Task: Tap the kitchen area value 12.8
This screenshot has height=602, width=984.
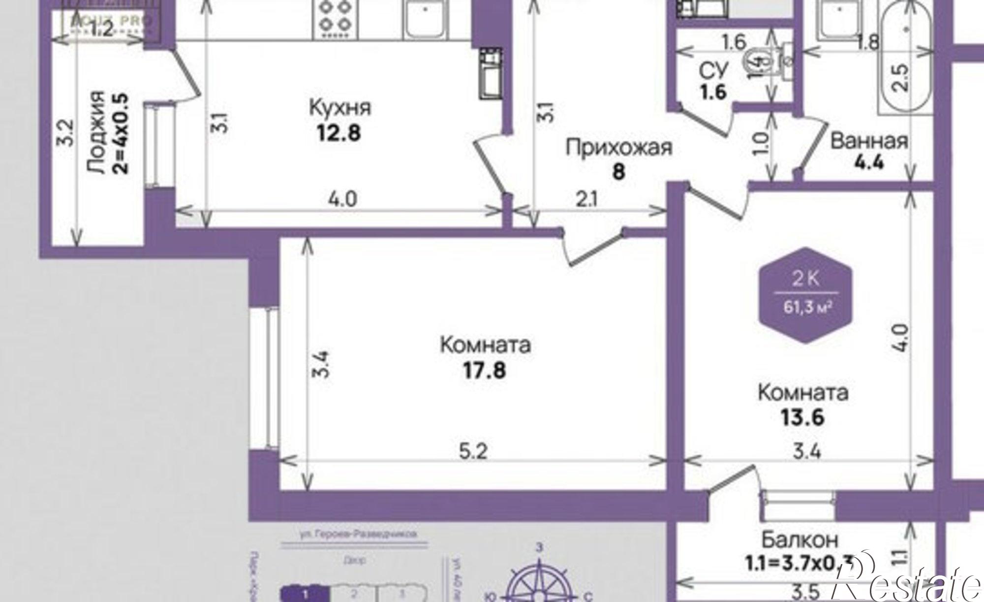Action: (339, 133)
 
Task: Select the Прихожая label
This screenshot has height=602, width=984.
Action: (618, 148)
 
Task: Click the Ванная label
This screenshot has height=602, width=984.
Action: (869, 141)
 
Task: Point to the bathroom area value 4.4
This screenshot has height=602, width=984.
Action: (868, 162)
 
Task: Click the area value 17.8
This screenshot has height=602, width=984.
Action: (484, 370)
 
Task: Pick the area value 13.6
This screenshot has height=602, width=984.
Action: (802, 417)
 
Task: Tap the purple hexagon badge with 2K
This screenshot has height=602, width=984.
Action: (805, 295)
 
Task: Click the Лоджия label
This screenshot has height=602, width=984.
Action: (96, 132)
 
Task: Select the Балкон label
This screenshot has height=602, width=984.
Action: (799, 540)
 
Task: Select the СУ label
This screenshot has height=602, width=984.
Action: (713, 72)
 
